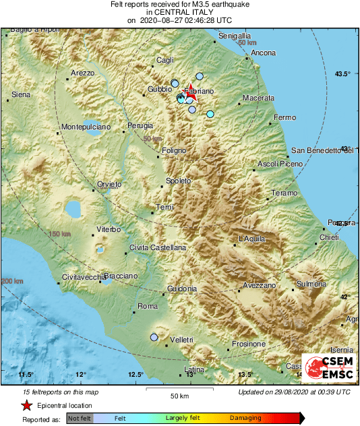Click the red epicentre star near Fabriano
[x=191, y=89]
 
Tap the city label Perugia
[x=141, y=125]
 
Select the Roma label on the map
[x=147, y=307]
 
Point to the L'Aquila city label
[x=253, y=239]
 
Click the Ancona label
[x=263, y=53]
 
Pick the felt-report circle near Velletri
[x=154, y=336]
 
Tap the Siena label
[x=21, y=95]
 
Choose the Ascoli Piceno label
[x=281, y=164]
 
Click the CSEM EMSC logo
[x=328, y=369]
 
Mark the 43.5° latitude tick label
[x=344, y=73]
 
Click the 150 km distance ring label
[x=59, y=233]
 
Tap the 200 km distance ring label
[x=12, y=280]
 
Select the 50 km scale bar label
[x=179, y=396]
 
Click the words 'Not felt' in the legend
[x=79, y=418]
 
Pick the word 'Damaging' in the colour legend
[x=246, y=419]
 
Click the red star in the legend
[x=26, y=406]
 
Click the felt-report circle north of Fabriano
[x=200, y=76]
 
